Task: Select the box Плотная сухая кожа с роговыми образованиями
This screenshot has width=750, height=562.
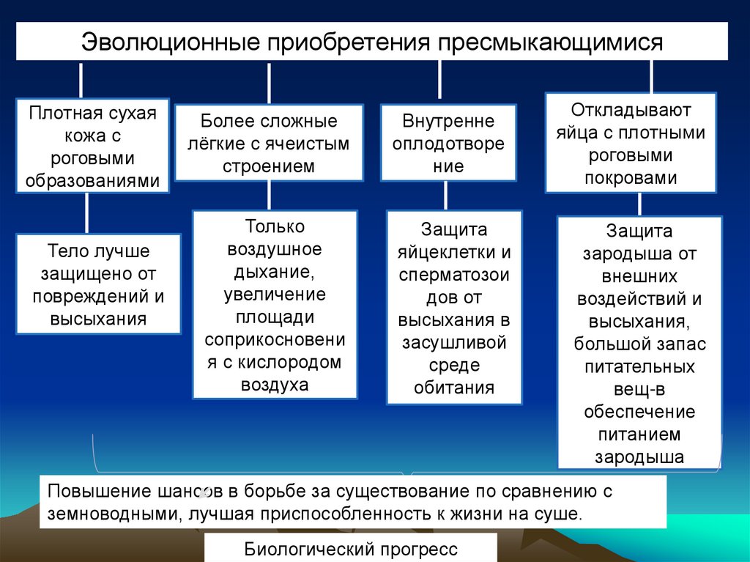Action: click(x=92, y=146)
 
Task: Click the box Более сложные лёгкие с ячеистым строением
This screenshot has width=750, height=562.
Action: click(x=269, y=143)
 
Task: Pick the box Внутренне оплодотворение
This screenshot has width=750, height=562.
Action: click(x=448, y=143)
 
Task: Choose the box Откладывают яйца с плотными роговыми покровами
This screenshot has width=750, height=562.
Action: click(x=630, y=144)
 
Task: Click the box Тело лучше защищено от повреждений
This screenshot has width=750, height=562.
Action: click(x=98, y=285)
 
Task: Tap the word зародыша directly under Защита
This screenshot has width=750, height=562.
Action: click(x=639, y=254)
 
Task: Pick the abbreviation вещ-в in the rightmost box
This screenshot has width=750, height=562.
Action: click(x=639, y=389)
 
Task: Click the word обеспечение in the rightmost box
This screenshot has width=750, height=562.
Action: click(x=639, y=412)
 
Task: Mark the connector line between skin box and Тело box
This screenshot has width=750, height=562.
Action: click(x=87, y=213)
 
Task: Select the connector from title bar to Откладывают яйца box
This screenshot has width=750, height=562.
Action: click(x=650, y=76)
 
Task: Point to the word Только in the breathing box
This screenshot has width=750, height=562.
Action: click(x=275, y=226)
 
